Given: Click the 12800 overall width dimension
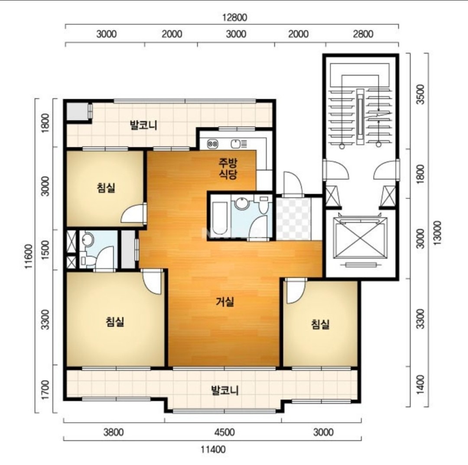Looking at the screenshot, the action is [x=234, y=17].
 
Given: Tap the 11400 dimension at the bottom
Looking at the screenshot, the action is [x=213, y=449].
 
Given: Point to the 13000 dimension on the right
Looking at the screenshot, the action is [x=437, y=233].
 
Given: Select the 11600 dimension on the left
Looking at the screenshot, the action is [x=28, y=256].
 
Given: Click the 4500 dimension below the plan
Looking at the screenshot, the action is [x=224, y=432].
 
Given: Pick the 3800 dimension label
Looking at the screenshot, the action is [x=114, y=432].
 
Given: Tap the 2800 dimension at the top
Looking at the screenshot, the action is [x=363, y=34].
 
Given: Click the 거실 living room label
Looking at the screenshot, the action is [x=225, y=302].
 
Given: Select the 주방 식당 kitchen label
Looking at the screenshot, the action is [x=228, y=168].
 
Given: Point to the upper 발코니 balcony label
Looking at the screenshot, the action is [x=143, y=125].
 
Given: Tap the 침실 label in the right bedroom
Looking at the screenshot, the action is [x=320, y=324].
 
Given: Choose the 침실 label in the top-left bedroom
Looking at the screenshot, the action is [x=106, y=188].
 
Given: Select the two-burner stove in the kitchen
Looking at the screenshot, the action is [x=212, y=144].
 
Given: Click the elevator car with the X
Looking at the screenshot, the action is [x=360, y=238].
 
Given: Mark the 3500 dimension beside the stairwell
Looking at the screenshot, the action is [x=420, y=94].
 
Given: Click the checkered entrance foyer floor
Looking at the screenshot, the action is [x=293, y=219].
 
